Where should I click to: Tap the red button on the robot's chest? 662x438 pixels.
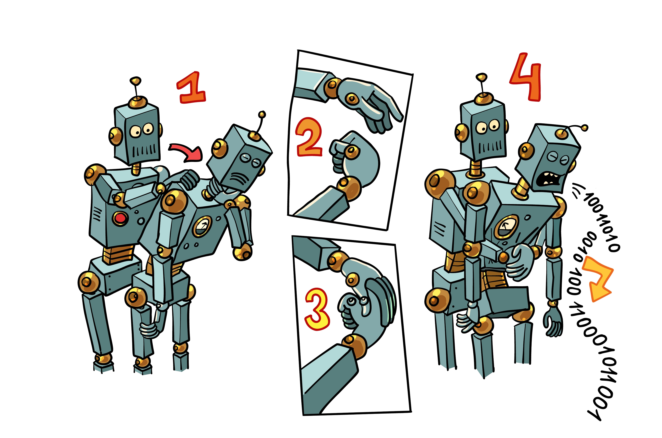pos(120,218)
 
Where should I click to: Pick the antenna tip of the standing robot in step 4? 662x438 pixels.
pos(481,77)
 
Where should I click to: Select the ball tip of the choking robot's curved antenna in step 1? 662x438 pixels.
pos(262,114)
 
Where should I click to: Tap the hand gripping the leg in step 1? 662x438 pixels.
pos(149,330)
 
